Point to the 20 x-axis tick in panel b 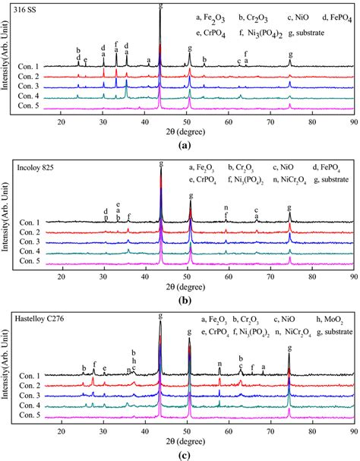[62, 278]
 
